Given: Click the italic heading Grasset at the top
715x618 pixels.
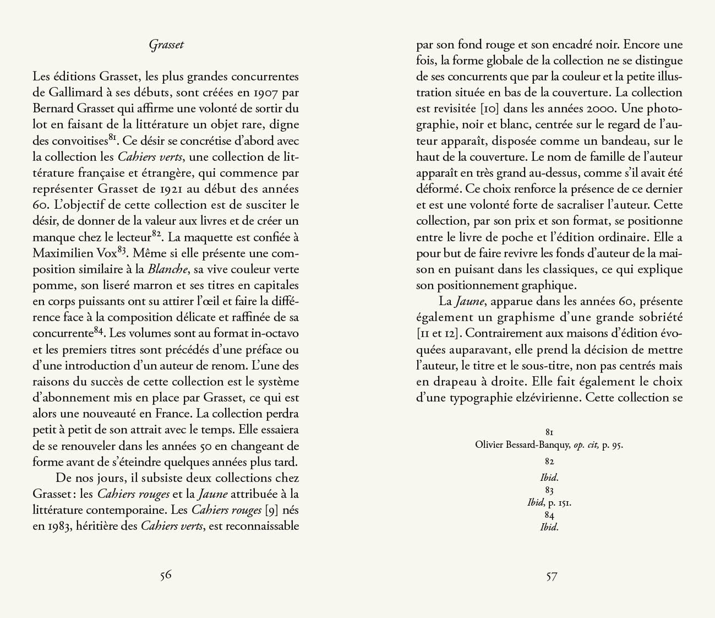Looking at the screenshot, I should coord(166,45).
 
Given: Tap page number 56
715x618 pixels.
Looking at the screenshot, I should coord(166,576).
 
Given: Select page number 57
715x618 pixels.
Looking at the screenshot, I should coord(552,576).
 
